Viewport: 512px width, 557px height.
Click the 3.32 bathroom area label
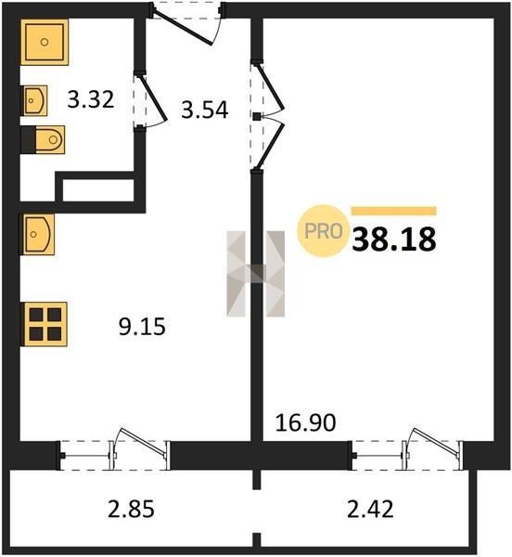point(91,99)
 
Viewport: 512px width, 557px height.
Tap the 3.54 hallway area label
point(205,110)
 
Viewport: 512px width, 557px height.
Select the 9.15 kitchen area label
point(142,327)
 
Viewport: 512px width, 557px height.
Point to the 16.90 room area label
point(305,422)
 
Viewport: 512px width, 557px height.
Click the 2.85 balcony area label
point(131,510)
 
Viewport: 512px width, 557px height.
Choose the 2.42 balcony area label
point(370,510)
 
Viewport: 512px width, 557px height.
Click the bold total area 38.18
point(394,240)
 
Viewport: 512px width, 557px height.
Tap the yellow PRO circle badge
point(323,231)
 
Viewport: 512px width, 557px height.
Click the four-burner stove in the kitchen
point(45,324)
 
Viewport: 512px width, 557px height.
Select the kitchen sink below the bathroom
point(38,235)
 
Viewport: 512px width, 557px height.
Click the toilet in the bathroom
point(43,139)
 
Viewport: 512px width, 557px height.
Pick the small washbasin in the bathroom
point(34,100)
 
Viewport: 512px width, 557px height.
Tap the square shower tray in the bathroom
point(45,43)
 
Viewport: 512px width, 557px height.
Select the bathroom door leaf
point(153,97)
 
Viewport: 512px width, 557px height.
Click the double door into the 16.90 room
point(270,116)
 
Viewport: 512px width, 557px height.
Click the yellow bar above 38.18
point(394,211)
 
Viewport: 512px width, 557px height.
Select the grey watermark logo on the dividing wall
point(255,274)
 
